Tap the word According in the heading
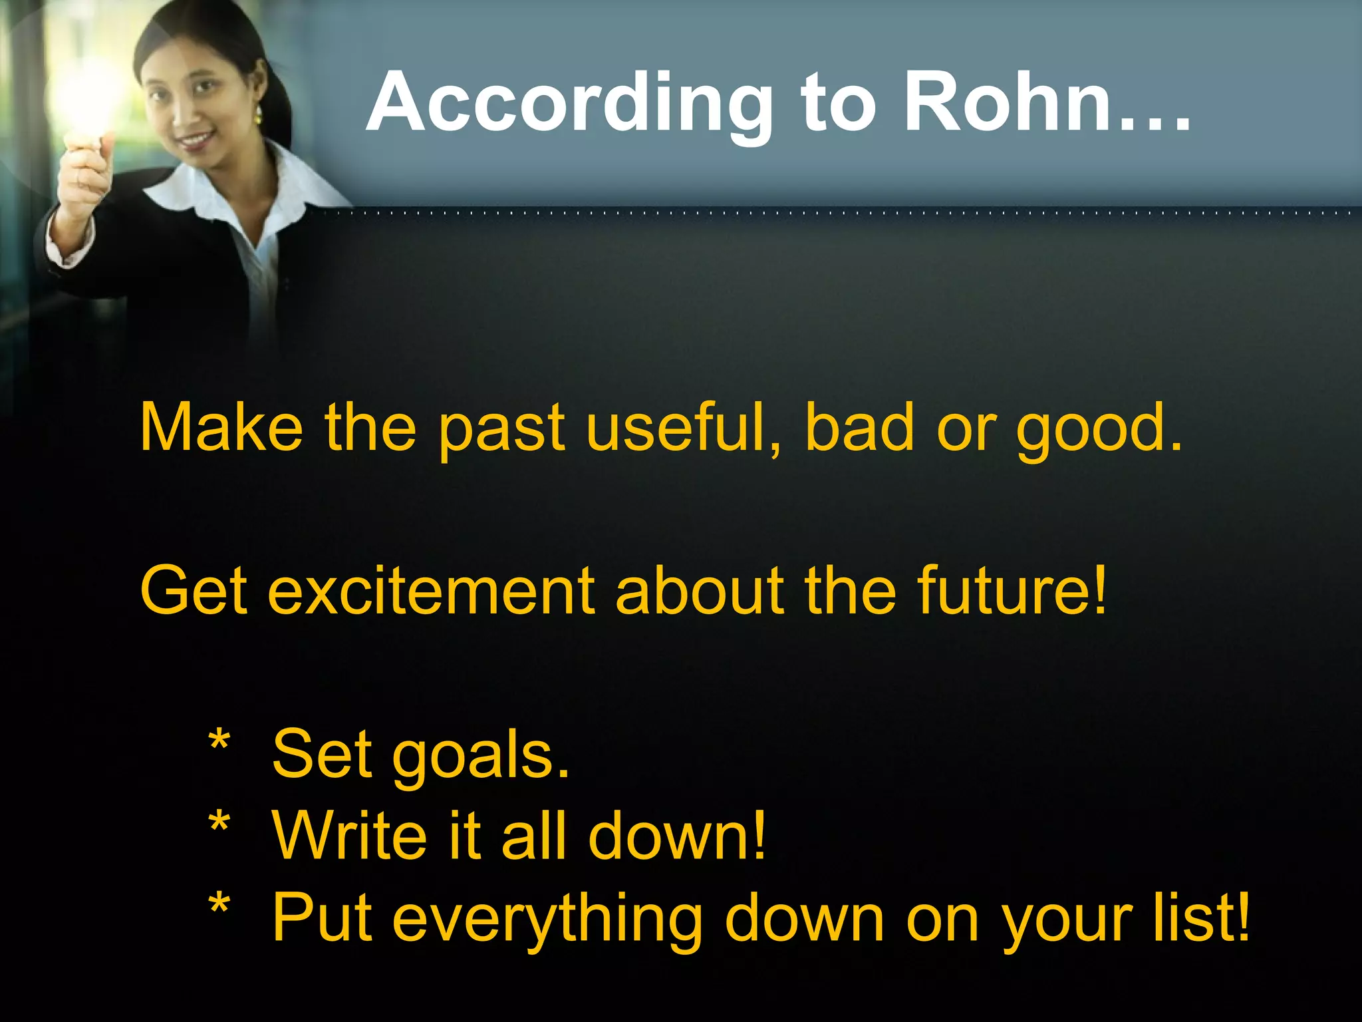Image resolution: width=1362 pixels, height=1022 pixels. click(x=569, y=103)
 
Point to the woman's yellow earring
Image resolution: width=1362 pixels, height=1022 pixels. click(x=257, y=114)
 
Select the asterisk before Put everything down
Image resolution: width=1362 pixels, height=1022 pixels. click(x=219, y=909)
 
